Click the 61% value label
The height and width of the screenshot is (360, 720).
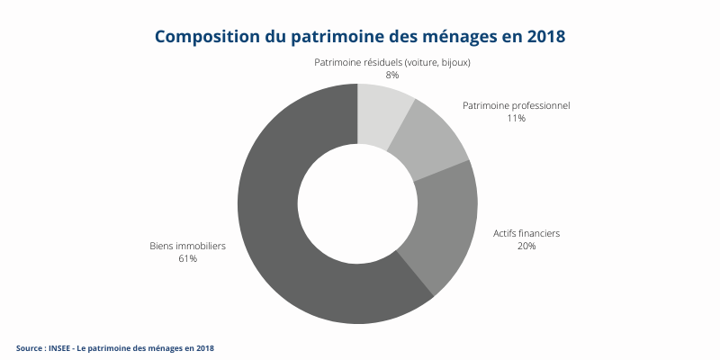click(187, 259)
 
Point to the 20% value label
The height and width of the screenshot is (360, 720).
click(526, 247)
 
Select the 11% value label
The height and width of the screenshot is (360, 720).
click(516, 119)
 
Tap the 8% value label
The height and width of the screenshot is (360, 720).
click(391, 76)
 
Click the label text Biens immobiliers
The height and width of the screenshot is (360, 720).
click(187, 246)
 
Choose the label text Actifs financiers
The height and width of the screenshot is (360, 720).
click(526, 233)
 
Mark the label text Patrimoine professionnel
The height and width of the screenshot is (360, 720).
click(516, 105)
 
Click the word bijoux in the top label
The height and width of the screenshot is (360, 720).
click(454, 62)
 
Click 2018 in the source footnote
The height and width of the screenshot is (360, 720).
click(205, 347)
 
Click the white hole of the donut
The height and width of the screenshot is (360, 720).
click(357, 203)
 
